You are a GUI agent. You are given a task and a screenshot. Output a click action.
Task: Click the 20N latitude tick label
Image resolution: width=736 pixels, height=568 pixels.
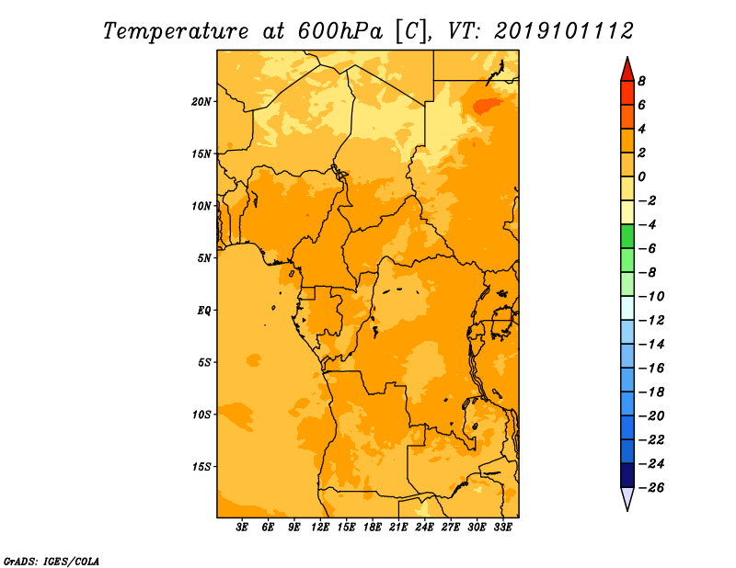[201, 102]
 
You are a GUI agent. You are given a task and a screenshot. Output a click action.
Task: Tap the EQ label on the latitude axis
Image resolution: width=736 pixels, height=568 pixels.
[203, 311]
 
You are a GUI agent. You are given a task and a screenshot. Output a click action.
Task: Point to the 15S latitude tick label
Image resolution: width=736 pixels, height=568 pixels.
[201, 467]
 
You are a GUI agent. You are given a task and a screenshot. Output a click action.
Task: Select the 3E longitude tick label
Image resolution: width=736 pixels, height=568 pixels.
[242, 527]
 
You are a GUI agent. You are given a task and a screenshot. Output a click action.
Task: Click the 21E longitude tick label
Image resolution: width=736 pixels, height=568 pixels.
[398, 527]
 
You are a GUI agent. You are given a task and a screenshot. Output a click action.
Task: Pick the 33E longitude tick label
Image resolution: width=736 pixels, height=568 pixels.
[502, 527]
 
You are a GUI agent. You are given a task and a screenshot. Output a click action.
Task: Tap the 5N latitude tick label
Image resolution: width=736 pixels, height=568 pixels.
[204, 258]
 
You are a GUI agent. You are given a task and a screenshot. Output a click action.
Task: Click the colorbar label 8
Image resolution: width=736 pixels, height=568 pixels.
[641, 81]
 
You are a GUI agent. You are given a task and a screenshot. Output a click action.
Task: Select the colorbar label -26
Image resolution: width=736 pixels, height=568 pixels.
[651, 488]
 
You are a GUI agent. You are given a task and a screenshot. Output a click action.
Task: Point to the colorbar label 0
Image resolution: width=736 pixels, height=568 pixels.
[641, 176]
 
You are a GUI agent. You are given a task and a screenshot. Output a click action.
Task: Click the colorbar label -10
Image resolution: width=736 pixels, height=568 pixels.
[651, 297]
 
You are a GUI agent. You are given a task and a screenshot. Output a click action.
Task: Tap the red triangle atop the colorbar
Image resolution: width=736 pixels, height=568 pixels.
[627, 69]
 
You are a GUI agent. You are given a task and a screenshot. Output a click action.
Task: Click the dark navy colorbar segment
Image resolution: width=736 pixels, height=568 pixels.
[627, 475]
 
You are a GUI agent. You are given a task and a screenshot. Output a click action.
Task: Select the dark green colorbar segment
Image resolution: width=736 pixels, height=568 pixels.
[627, 236]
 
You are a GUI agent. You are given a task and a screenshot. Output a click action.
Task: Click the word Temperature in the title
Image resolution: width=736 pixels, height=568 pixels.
[176, 32]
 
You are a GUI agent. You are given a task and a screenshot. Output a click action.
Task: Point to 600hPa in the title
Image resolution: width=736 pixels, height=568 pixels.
[340, 31]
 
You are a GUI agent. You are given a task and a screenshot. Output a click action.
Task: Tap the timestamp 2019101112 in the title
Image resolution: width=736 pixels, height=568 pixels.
[564, 31]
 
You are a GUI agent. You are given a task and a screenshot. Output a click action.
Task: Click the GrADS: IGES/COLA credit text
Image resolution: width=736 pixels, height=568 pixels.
[52, 561]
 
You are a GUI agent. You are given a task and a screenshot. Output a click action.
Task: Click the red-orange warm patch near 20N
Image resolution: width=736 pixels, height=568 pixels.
[487, 106]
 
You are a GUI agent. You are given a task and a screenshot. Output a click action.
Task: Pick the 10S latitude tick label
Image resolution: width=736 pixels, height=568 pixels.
[201, 415]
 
